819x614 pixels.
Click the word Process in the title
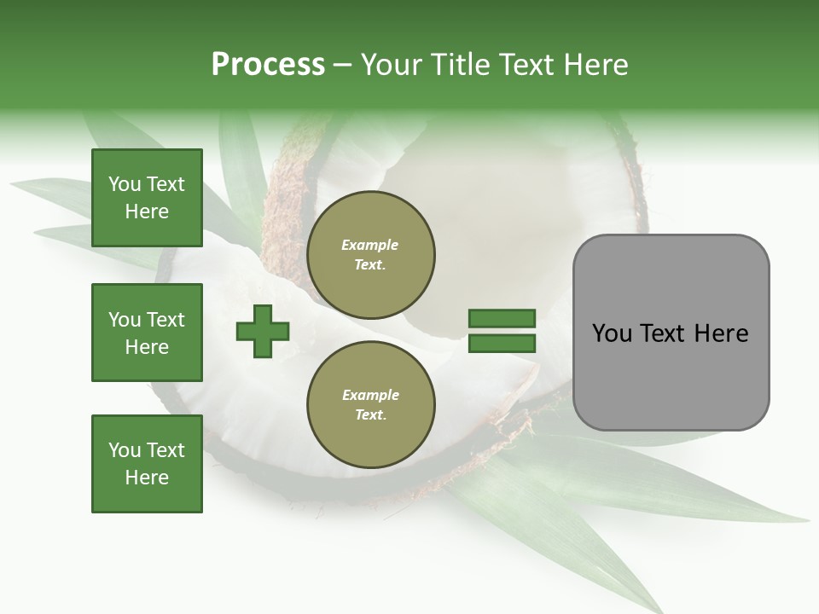(x=268, y=65)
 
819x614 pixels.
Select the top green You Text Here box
(x=147, y=198)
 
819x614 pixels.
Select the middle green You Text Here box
(x=147, y=333)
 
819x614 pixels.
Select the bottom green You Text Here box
(x=147, y=464)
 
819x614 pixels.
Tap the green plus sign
(x=263, y=331)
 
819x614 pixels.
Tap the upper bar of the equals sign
(x=502, y=319)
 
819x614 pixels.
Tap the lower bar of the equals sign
(x=502, y=344)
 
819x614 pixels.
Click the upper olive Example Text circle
(x=370, y=255)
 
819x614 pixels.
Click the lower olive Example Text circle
(x=370, y=405)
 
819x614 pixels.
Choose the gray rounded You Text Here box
(x=671, y=333)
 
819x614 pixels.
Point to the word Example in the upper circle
(x=370, y=246)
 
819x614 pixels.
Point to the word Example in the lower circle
(x=370, y=396)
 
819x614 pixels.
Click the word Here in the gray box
(x=721, y=333)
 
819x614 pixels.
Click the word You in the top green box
(x=125, y=184)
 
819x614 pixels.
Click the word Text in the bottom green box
(x=165, y=450)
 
